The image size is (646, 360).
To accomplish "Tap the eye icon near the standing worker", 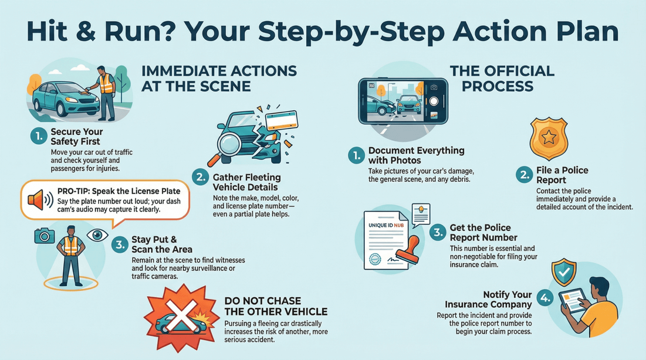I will click(97, 235).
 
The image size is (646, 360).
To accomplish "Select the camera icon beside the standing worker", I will click(44, 236).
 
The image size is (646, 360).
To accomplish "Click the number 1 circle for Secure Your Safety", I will click(38, 137).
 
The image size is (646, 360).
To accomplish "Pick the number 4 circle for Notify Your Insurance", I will click(545, 298).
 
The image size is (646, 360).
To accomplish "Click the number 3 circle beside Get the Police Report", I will click(438, 232).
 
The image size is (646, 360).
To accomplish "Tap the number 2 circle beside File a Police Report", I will click(524, 175).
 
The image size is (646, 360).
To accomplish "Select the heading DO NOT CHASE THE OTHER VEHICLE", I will click(276, 307).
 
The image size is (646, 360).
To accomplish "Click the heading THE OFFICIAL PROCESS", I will click(502, 79).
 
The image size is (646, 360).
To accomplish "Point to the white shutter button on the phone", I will click(434, 101).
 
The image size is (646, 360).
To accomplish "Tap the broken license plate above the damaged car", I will click(281, 121).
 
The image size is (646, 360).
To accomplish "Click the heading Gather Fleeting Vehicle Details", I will click(246, 182).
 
